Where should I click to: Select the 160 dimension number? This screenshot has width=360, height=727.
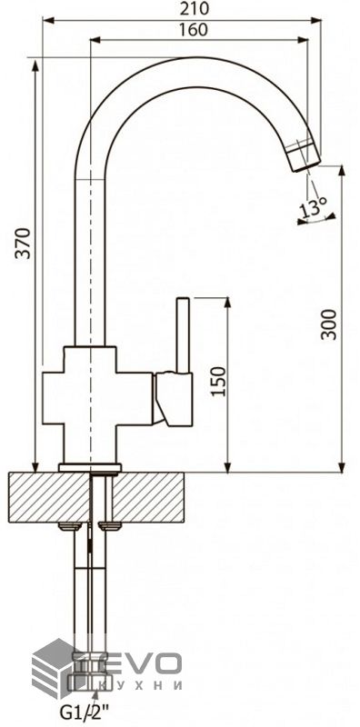(x=193, y=30)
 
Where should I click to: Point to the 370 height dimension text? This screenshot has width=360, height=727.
(x=22, y=243)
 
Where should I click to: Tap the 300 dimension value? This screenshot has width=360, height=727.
(x=329, y=324)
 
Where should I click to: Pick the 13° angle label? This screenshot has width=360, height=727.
(x=313, y=208)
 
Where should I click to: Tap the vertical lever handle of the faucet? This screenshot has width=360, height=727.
(x=183, y=335)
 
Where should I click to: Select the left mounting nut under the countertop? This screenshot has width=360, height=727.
(x=70, y=526)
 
